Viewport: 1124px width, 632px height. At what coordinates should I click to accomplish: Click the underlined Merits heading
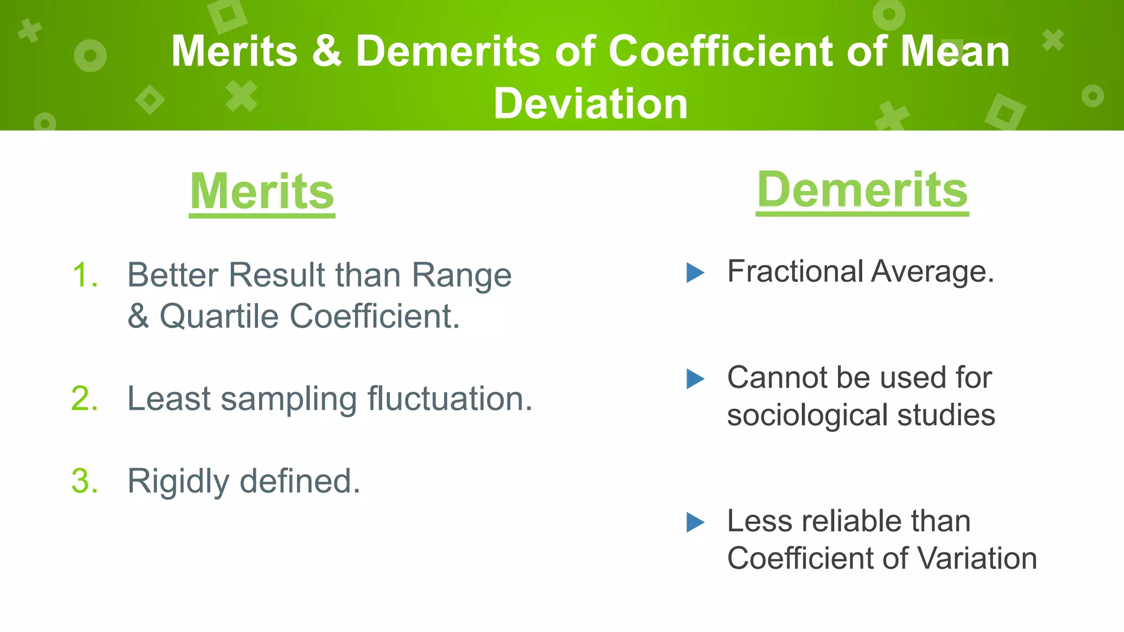(x=262, y=192)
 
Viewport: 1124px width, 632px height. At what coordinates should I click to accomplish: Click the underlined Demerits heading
(x=862, y=190)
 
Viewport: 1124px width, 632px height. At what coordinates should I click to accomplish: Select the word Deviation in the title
(x=591, y=104)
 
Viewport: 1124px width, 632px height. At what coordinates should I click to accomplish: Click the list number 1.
(x=85, y=275)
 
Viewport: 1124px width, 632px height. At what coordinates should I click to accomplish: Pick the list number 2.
(x=85, y=398)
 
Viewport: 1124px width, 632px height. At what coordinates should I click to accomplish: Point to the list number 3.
(x=85, y=481)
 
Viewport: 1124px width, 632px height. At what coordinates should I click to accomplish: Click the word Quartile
(x=219, y=317)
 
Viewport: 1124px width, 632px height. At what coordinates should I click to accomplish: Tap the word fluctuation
(x=449, y=398)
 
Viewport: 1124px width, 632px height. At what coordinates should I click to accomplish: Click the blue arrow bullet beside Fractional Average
(x=695, y=272)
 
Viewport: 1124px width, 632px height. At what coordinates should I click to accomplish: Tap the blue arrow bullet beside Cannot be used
(x=695, y=379)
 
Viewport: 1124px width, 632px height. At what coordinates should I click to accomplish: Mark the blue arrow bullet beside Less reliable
(x=695, y=522)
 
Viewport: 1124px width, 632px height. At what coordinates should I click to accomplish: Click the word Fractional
(x=795, y=272)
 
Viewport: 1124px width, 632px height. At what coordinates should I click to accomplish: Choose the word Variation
(x=977, y=558)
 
